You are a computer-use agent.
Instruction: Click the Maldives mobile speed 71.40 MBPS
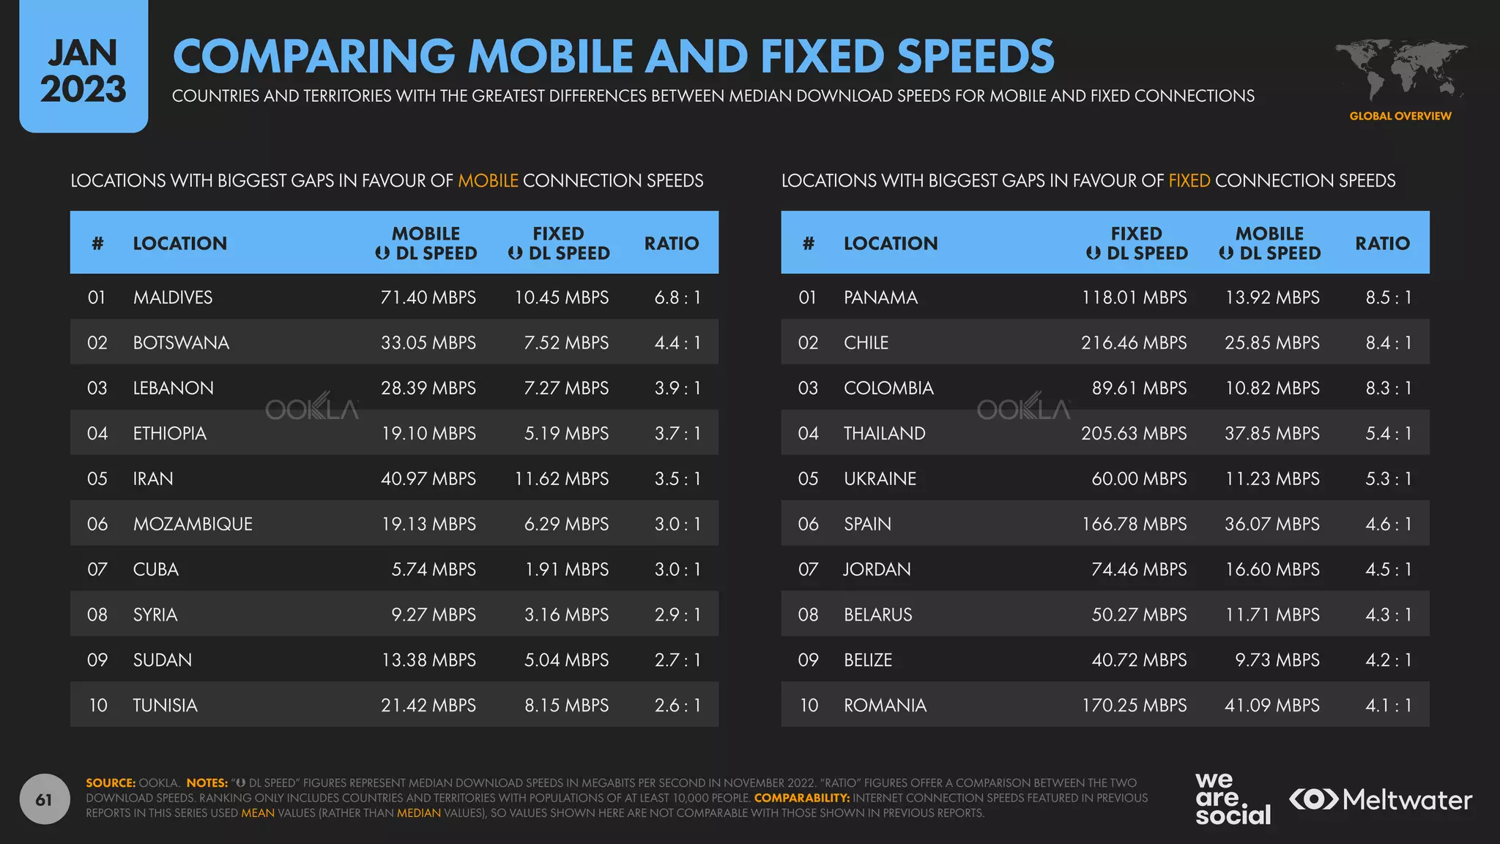coord(428,297)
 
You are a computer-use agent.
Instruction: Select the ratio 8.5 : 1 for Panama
coord(1388,297)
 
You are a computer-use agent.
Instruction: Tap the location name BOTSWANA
coord(181,343)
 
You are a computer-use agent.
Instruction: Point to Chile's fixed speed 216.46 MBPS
coord(1133,343)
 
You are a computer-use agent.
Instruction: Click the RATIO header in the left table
coord(671,243)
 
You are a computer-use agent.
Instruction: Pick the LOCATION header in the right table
coord(890,243)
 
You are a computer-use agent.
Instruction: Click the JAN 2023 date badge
coord(83,70)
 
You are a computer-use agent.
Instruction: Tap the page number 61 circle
coord(44,799)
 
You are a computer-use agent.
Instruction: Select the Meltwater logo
coord(1380,799)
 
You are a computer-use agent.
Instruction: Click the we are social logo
coord(1232,799)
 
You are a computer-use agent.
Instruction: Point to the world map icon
coord(1400,70)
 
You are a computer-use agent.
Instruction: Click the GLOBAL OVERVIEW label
coord(1400,116)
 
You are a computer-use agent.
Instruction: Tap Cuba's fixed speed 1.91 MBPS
coord(566,569)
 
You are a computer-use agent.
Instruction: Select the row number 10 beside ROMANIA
coord(809,706)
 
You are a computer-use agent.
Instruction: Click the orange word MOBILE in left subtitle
coord(488,181)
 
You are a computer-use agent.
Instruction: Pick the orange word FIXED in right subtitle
coord(1189,181)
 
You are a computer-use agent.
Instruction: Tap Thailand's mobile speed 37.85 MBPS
coord(1271,434)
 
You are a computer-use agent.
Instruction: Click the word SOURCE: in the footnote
coord(111,783)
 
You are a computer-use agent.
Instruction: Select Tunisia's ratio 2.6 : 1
coord(677,706)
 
